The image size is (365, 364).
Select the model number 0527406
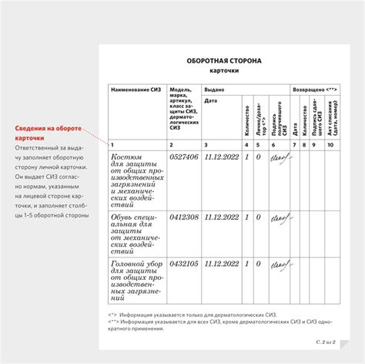[x=184, y=157]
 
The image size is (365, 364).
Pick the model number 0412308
[x=184, y=217]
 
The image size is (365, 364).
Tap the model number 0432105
[x=184, y=264]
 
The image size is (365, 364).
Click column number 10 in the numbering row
[x=331, y=144]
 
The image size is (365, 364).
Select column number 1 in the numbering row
[x=112, y=144]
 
